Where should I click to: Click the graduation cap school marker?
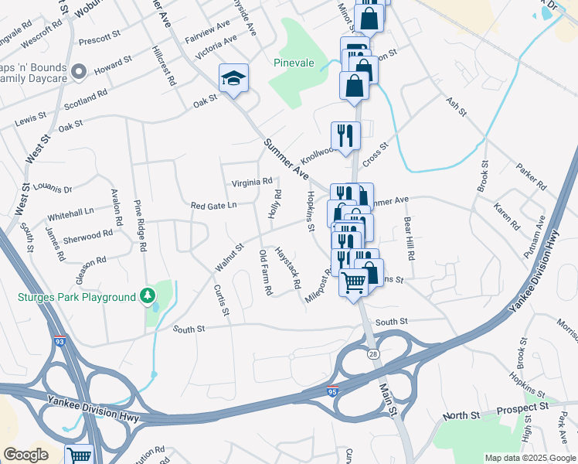233,78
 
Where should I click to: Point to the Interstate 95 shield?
332,391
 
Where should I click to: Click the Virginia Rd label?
252,183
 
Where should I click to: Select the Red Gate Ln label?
213,205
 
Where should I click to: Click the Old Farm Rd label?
267,272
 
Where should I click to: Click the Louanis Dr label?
53,189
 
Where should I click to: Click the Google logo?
26,455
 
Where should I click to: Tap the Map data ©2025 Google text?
529,458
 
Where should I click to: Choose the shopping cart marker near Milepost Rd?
354,283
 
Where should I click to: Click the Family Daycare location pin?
78,73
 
